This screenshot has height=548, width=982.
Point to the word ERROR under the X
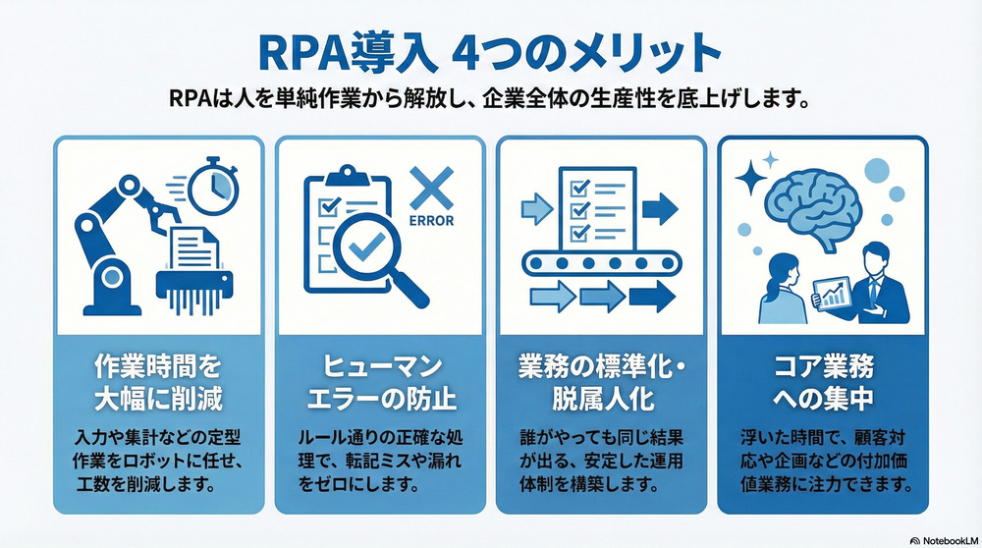click(429, 221)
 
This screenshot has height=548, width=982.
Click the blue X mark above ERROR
click(428, 187)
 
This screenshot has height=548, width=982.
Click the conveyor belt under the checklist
click(600, 262)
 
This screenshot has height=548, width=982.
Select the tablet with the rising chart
click(831, 292)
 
